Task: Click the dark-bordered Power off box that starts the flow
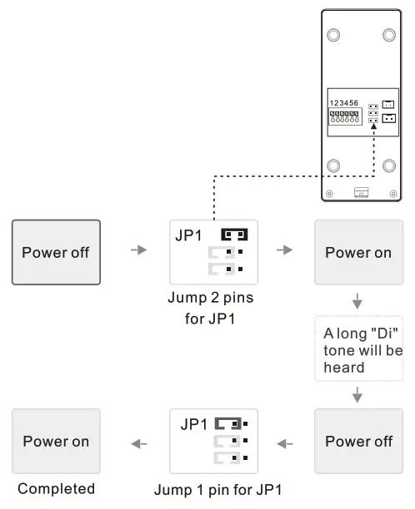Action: (x=56, y=252)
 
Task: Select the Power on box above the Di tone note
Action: (x=357, y=252)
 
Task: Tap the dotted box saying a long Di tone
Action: (x=357, y=351)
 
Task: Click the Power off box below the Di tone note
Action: (x=357, y=441)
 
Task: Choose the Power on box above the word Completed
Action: (x=56, y=441)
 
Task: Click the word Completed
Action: (x=56, y=489)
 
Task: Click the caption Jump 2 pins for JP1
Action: (x=212, y=309)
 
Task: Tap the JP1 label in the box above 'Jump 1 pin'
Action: (x=194, y=423)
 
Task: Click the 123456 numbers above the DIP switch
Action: (x=344, y=102)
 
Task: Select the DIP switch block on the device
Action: (x=344, y=117)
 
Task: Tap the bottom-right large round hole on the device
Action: (x=388, y=165)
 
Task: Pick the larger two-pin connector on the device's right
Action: (x=388, y=118)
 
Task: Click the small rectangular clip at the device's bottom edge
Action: (x=361, y=192)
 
